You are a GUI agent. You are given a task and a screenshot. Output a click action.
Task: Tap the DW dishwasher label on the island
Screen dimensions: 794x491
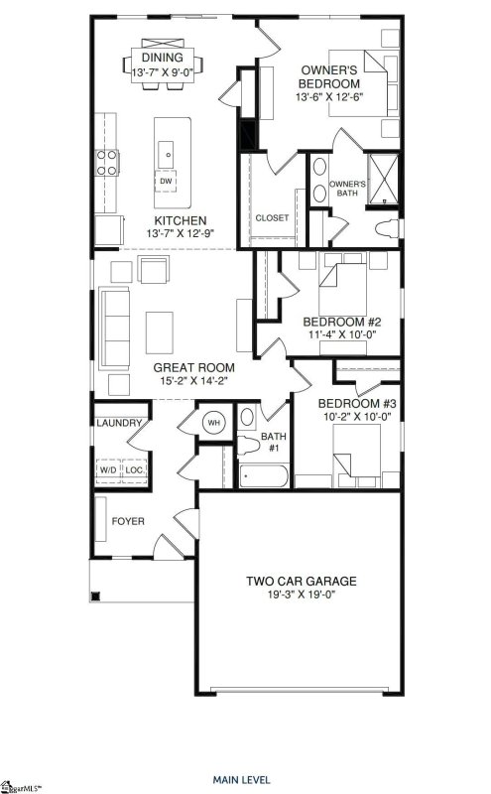tap(167, 181)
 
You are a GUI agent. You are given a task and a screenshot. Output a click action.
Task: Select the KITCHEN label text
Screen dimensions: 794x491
tap(180, 220)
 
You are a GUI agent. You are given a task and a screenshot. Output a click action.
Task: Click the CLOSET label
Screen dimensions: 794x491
tap(271, 217)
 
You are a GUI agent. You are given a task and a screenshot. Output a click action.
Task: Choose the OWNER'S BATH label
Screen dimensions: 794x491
tap(347, 189)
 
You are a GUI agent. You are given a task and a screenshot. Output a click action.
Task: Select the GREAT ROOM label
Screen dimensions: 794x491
tap(181, 367)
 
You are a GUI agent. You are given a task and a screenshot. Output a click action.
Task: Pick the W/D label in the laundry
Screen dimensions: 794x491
tap(107, 469)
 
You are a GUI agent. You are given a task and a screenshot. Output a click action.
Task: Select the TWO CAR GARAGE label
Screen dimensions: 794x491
tap(302, 581)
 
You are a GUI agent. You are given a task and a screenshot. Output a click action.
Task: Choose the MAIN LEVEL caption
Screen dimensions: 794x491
tap(244, 779)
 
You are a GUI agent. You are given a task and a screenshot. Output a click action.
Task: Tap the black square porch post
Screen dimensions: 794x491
tap(95, 596)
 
